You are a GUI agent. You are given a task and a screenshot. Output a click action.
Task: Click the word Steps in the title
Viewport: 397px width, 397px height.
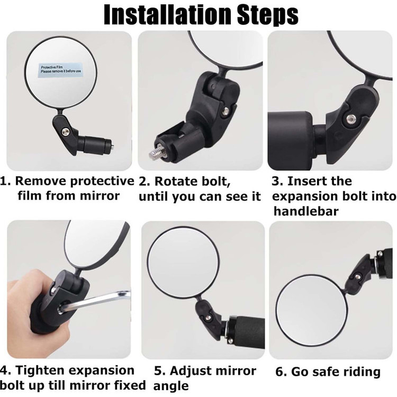[268, 15]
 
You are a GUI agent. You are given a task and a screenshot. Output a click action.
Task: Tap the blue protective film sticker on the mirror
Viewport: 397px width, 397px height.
[61, 69]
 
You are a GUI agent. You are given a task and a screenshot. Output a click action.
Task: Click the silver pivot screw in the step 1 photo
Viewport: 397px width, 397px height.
[66, 131]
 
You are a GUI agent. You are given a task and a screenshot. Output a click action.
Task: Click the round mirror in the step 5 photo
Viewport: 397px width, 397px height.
[183, 263]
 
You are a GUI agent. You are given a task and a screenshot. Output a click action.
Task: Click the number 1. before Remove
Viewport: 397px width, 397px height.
[6, 181]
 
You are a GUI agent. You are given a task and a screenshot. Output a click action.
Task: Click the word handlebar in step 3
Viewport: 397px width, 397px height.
[306, 211]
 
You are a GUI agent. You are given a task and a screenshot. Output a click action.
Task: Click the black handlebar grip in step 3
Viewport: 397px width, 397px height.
[291, 140]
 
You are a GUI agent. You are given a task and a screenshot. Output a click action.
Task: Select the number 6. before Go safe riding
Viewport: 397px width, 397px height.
[281, 372]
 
